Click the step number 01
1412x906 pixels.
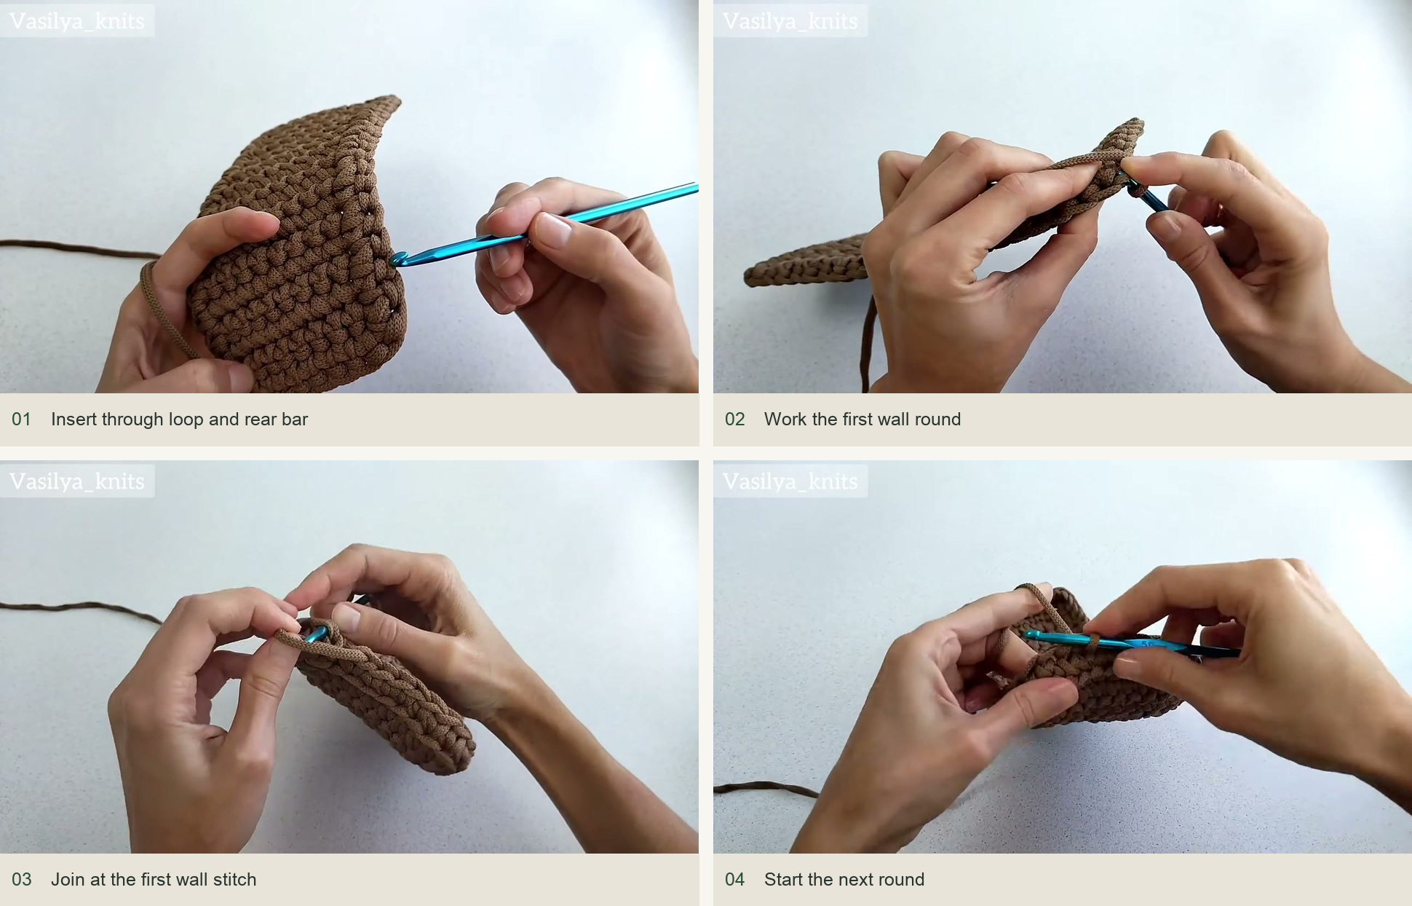(21, 419)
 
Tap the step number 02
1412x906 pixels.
(734, 419)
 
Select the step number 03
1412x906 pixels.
(21, 880)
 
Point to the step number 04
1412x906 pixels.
(734, 880)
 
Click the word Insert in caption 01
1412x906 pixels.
(74, 419)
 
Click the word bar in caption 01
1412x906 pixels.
(295, 419)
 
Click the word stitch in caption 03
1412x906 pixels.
(234, 880)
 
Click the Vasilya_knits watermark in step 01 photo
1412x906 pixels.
(77, 21)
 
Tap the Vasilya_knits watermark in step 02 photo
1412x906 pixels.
(790, 21)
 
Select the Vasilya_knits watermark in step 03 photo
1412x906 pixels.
(77, 481)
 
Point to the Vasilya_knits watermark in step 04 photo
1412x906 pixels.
(790, 481)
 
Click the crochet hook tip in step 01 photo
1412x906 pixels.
(397, 259)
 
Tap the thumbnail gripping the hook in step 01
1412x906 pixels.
(555, 232)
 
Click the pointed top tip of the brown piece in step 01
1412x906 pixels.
(396, 98)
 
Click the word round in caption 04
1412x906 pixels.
(903, 880)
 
